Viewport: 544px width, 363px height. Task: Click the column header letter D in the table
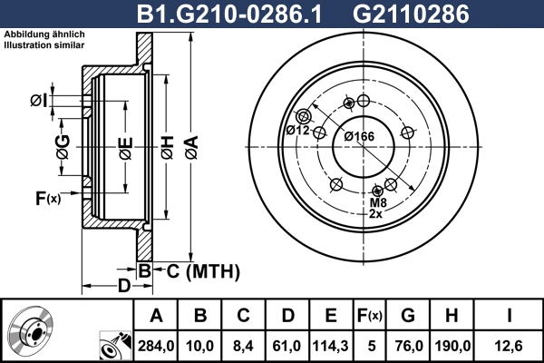[x=287, y=315]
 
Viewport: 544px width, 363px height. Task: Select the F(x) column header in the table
[x=369, y=315]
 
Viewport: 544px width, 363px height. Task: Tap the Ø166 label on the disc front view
[x=360, y=136]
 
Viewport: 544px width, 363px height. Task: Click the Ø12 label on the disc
[x=298, y=131]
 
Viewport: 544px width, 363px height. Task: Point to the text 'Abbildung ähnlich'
[x=34, y=34]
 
